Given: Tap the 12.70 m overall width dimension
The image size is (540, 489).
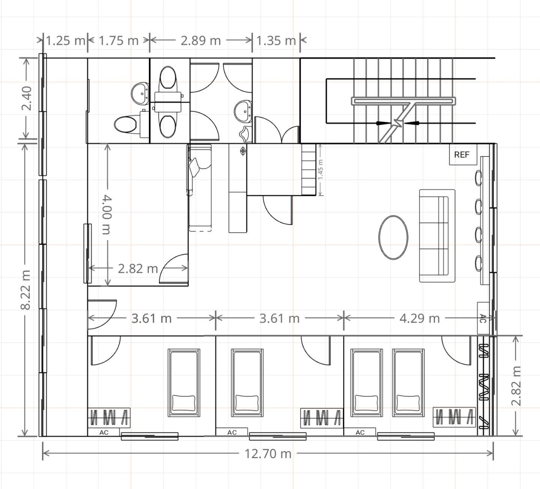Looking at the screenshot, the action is (x=268, y=454).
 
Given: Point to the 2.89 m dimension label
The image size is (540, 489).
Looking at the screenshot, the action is (x=201, y=40).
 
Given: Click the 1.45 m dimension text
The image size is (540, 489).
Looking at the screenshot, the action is (x=320, y=170).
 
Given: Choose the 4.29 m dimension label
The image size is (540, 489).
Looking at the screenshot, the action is (x=419, y=319).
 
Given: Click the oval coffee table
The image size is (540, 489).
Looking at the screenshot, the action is (x=393, y=238).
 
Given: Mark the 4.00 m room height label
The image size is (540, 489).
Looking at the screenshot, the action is (x=107, y=214).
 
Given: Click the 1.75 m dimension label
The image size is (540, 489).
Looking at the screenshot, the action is (x=119, y=40).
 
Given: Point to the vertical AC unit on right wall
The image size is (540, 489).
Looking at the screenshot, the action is (x=483, y=319).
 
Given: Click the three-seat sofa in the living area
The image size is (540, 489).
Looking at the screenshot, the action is (x=437, y=236).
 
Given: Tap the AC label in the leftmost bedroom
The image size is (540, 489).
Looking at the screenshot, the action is (x=104, y=432).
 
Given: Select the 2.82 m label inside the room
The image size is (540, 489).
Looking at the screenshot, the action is (x=138, y=268).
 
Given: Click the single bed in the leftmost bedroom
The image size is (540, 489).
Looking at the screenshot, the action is (x=184, y=383).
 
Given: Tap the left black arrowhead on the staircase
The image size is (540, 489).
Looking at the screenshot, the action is (x=383, y=123).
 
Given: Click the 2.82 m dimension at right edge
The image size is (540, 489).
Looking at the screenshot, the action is (x=516, y=386).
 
